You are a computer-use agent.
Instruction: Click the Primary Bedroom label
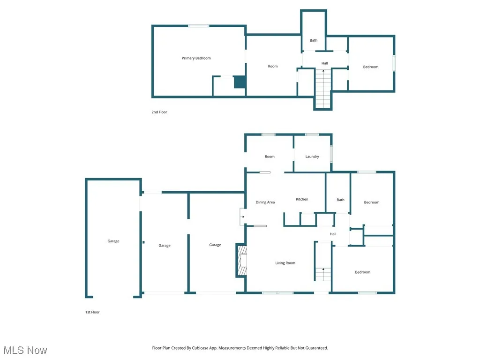(196, 58)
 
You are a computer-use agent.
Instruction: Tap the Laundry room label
(312, 157)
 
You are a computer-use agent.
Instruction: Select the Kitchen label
(302, 199)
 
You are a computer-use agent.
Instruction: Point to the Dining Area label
(265, 202)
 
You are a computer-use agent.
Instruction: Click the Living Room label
(285, 263)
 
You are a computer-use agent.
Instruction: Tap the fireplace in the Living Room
(242, 261)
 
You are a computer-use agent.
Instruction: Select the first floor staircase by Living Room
(323, 274)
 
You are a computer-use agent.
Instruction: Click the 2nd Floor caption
(159, 112)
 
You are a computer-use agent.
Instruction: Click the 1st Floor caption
(92, 312)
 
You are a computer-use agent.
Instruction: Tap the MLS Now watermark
(25, 350)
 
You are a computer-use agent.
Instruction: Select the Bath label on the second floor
(314, 40)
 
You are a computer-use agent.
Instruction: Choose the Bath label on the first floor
(340, 200)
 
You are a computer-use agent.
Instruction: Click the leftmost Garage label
(113, 241)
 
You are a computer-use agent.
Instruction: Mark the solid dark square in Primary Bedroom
(240, 82)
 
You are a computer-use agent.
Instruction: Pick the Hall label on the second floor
(324, 63)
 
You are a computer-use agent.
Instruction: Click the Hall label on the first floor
(333, 234)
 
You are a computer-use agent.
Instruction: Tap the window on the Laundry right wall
(331, 154)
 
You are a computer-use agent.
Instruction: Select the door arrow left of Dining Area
(242, 217)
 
